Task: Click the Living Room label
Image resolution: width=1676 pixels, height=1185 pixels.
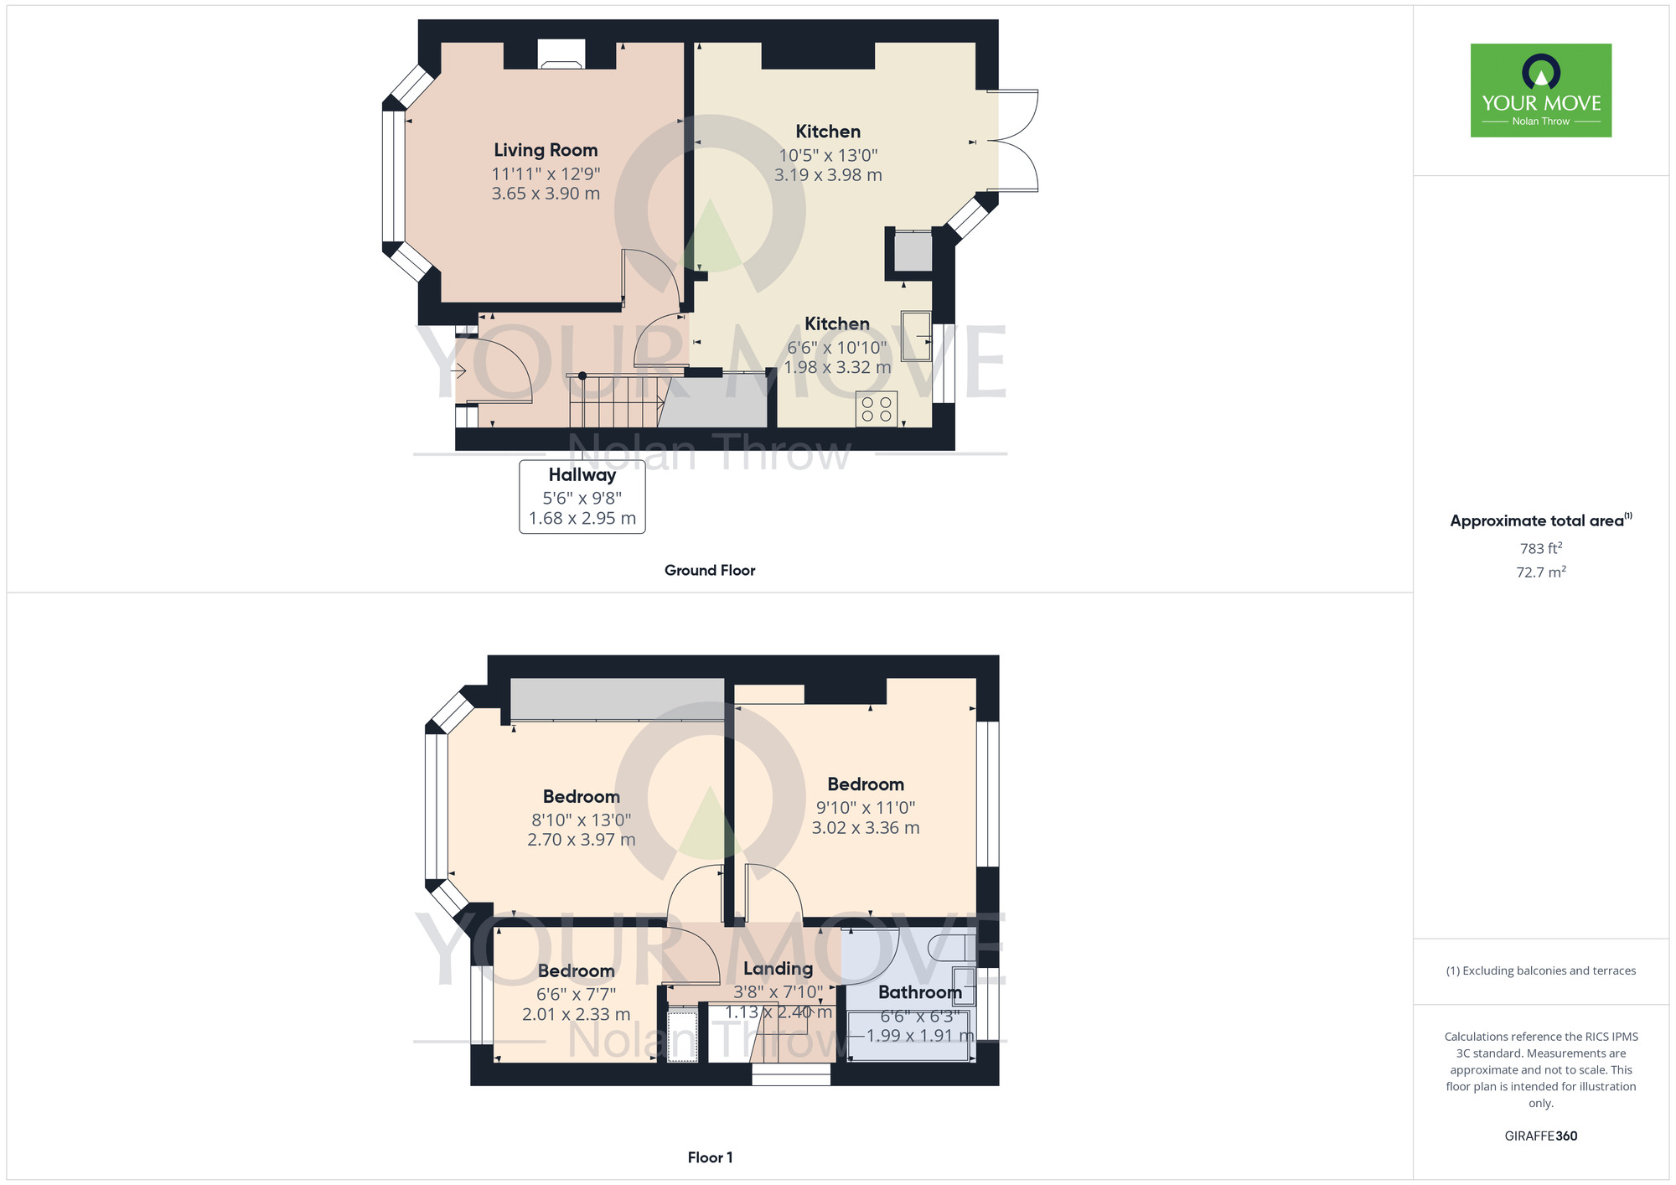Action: click(546, 150)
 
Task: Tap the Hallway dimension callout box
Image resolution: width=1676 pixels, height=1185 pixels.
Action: click(582, 497)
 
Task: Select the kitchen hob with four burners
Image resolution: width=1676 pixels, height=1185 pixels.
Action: click(877, 409)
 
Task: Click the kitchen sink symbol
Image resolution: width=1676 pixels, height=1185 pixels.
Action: click(916, 336)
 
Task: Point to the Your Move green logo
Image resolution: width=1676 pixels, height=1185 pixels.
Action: click(1540, 91)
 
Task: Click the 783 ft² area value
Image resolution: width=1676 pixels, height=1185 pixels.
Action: click(1540, 549)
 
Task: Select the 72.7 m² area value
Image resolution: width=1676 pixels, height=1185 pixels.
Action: click(1540, 572)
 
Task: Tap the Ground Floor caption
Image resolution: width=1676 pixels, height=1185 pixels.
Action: click(710, 571)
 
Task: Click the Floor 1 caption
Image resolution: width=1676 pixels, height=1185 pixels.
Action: click(710, 1157)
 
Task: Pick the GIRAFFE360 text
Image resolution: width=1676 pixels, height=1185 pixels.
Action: click(1540, 1136)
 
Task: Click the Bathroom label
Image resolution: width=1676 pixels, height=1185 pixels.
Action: click(919, 992)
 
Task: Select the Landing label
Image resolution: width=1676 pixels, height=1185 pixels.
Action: click(778, 969)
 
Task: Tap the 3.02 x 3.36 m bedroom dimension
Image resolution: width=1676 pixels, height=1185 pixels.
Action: click(865, 828)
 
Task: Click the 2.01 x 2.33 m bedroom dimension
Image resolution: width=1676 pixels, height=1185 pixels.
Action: click(576, 1015)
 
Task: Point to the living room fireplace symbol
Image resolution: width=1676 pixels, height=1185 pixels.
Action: click(561, 56)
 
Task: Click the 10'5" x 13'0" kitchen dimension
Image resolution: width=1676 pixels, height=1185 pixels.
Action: click(828, 155)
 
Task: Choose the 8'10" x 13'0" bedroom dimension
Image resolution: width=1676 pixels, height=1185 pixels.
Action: click(581, 820)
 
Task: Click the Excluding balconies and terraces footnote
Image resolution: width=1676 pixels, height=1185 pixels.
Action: click(1540, 970)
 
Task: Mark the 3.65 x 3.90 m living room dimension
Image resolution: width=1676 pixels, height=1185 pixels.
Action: click(546, 194)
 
